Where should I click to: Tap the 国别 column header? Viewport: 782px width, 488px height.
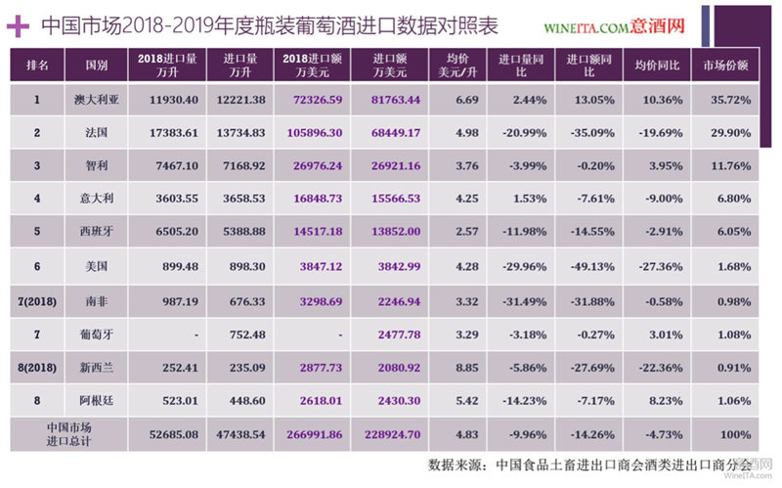(97, 66)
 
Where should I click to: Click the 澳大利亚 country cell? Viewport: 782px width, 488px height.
(97, 100)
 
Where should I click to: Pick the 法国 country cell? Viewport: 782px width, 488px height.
(97, 133)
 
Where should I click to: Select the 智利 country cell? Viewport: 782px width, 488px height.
(97, 165)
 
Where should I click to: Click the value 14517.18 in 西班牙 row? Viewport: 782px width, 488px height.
(313, 231)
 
